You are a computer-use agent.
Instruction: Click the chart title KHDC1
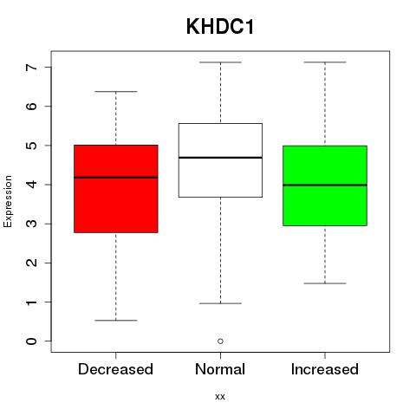[220, 27]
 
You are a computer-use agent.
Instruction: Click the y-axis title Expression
[8, 201]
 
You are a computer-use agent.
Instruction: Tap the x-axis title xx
[220, 396]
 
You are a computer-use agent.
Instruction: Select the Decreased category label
[115, 369]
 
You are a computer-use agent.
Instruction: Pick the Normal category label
[220, 369]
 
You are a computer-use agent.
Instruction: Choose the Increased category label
[325, 369]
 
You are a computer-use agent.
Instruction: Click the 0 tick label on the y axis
[32, 341]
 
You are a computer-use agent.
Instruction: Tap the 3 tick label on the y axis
[32, 224]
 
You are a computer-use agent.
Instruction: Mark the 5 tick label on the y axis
[32, 146]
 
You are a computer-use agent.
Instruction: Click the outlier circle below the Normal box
[220, 341]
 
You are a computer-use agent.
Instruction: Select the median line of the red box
[116, 178]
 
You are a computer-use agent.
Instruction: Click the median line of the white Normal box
[220, 158]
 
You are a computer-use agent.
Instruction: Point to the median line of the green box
[325, 185]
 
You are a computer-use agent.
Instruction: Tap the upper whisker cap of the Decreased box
[116, 92]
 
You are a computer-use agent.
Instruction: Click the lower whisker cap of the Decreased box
[116, 321]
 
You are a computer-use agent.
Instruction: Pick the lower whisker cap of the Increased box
[325, 283]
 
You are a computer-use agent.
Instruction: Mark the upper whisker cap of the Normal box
[220, 62]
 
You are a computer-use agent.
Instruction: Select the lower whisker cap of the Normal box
[220, 303]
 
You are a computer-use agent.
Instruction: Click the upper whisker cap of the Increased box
[325, 62]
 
